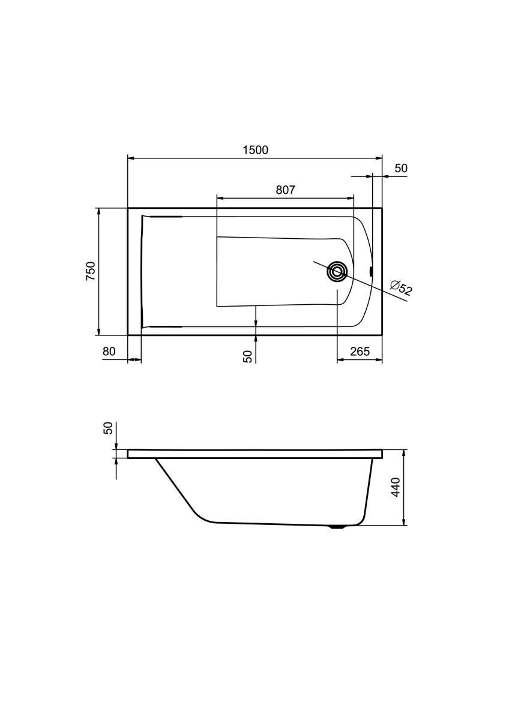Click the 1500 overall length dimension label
[x=255, y=150]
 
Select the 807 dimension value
[x=285, y=190]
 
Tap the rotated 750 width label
[x=90, y=271]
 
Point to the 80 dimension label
[x=109, y=352]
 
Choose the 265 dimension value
[x=360, y=352]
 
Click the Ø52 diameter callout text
[x=401, y=287]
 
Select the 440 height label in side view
[x=395, y=487]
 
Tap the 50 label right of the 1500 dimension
[x=401, y=169]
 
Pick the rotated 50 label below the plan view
[x=247, y=356]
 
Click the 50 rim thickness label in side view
[x=108, y=428]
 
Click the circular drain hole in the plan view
[x=337, y=271]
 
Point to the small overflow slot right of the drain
[x=372, y=271]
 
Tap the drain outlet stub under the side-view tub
[x=339, y=528]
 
